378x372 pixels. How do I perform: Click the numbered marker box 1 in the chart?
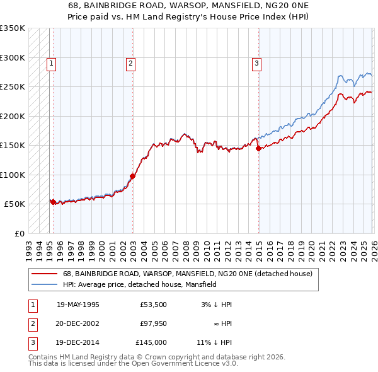[x=50, y=62]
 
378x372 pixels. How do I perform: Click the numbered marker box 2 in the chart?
[x=130, y=62]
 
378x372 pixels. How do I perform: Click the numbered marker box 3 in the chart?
[x=257, y=62]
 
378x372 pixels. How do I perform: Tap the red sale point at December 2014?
[x=258, y=149]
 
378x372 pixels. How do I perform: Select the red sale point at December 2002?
[x=132, y=176]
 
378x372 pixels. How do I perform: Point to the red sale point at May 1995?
[x=53, y=202]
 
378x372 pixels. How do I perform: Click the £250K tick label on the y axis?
[x=12, y=87]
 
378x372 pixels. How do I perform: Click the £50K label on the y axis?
[x=14, y=204]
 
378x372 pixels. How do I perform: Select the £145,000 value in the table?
[x=151, y=344]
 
